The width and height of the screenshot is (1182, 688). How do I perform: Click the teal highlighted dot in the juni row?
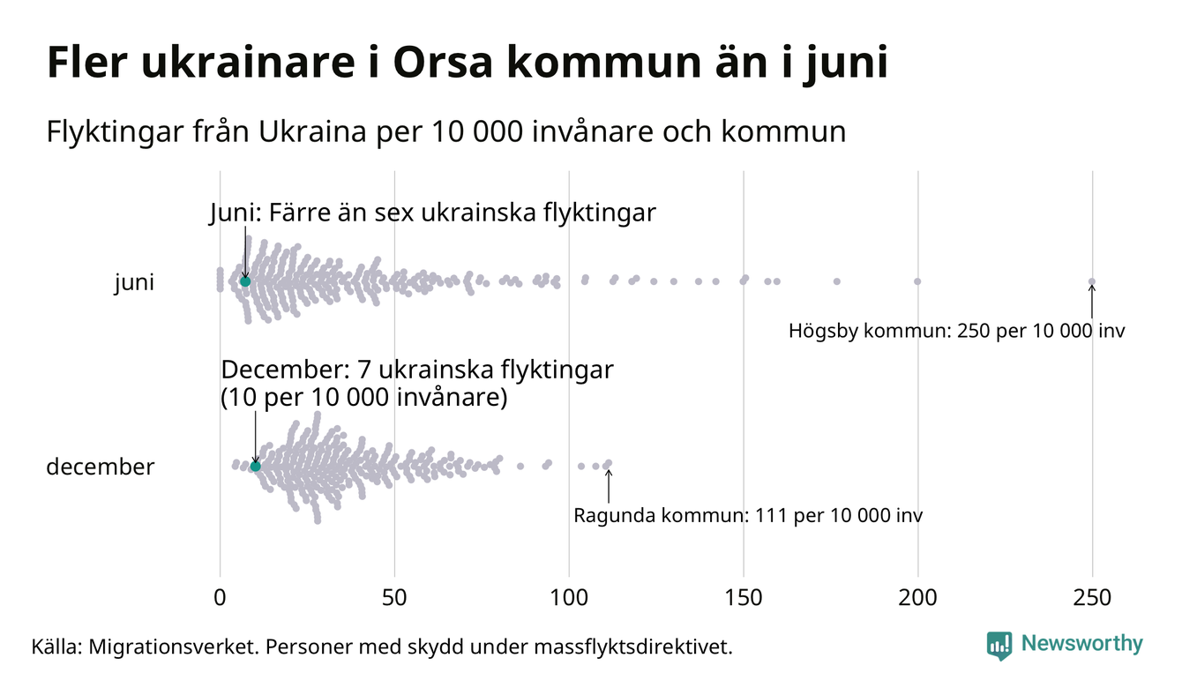point(245,281)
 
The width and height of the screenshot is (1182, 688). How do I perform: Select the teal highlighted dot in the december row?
point(256,466)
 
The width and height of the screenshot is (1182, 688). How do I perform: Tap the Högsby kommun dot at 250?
point(1092,282)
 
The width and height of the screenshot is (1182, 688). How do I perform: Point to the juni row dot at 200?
point(917,281)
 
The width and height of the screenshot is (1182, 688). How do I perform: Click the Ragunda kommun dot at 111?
point(608,464)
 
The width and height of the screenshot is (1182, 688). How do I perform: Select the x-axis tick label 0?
point(220,598)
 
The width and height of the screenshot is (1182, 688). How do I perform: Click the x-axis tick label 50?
point(394,598)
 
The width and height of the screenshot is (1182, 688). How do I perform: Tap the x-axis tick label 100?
point(569,598)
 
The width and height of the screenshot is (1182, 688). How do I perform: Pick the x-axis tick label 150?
point(744,598)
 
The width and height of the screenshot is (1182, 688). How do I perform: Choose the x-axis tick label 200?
point(918,598)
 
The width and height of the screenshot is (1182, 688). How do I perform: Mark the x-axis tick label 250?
point(1092,598)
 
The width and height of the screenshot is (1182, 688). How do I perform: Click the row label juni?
point(134,283)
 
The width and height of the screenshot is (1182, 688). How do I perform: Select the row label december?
point(100,467)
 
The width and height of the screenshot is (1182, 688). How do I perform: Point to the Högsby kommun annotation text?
point(957,332)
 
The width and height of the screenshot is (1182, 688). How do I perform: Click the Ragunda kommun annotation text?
point(748,515)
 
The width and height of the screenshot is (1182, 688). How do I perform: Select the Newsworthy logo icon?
point(999,646)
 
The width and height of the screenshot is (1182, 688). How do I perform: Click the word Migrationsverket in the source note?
point(168,647)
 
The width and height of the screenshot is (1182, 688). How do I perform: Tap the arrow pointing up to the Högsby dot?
point(1092,302)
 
